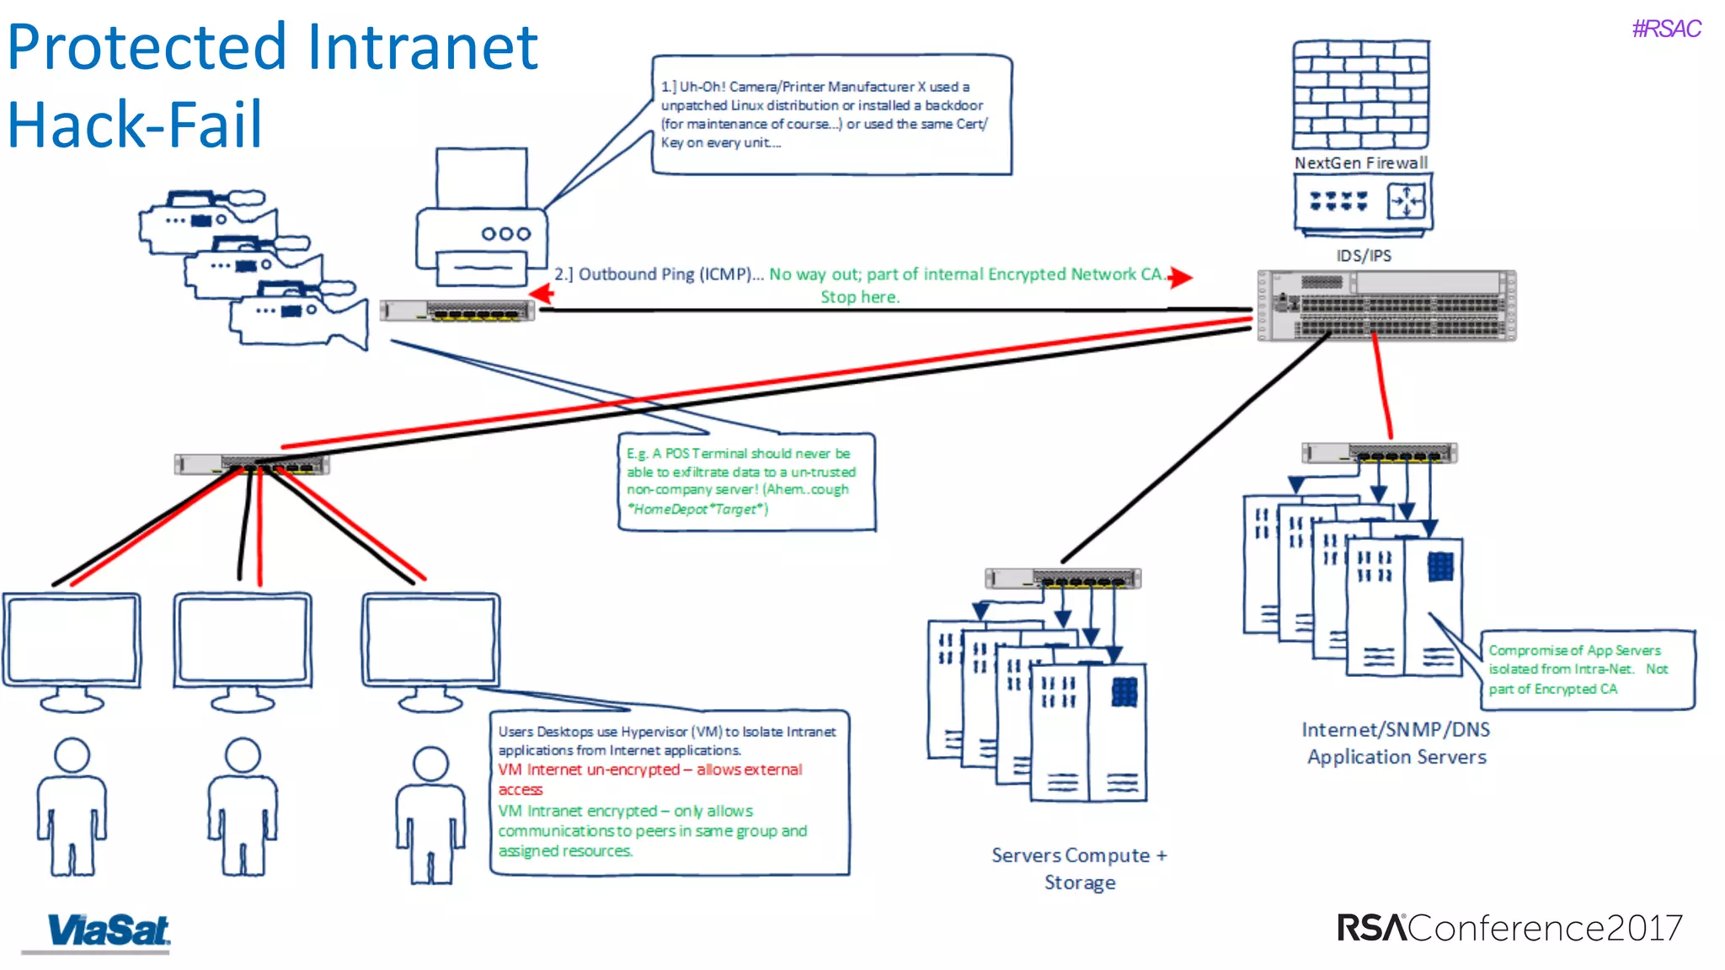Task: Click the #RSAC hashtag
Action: (1666, 29)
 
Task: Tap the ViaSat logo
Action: (108, 931)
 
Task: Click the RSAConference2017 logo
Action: (1509, 928)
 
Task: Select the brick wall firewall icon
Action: (1361, 94)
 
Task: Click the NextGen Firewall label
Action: (1361, 163)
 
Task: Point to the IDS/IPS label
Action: (1364, 256)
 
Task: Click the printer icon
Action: (482, 221)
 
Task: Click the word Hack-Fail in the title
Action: (135, 125)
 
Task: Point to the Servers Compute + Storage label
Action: (1079, 869)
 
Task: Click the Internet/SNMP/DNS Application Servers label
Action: (1396, 743)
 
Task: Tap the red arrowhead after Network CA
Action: (1181, 277)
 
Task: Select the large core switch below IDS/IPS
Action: (1386, 306)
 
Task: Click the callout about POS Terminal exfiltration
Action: (746, 482)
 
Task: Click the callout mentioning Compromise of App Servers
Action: (1588, 669)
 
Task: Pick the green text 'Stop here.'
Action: (860, 297)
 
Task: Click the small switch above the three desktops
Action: (251, 464)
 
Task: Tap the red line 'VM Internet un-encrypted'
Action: (649, 770)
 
